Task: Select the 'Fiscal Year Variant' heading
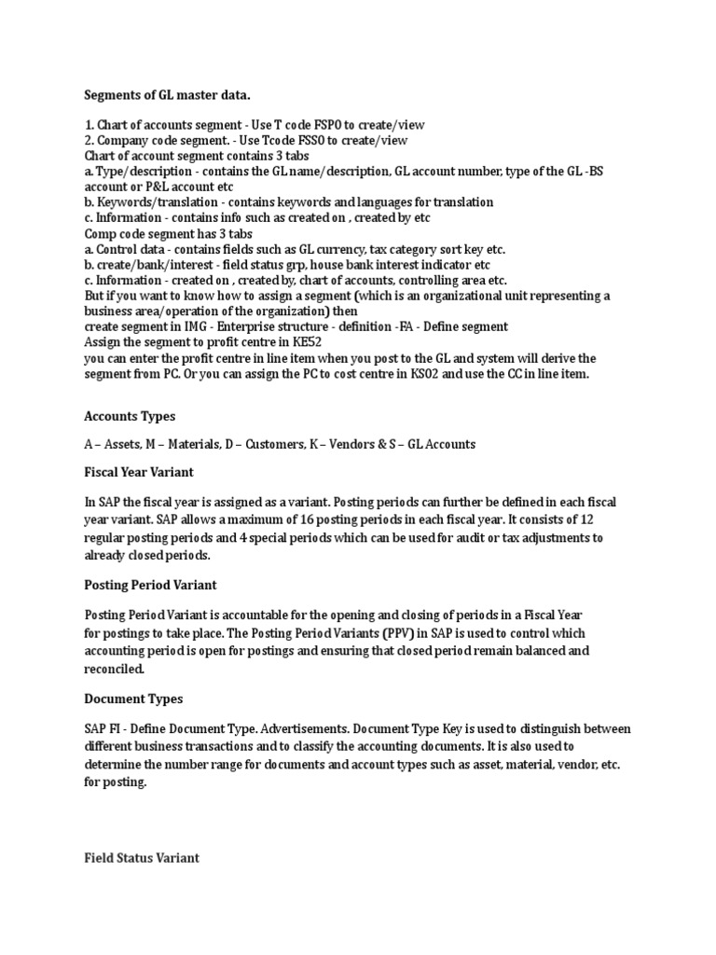pyautogui.click(x=139, y=473)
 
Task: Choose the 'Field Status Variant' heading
pyautogui.click(x=142, y=857)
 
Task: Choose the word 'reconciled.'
pyautogui.click(x=115, y=669)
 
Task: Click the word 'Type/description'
pyautogui.click(x=143, y=171)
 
